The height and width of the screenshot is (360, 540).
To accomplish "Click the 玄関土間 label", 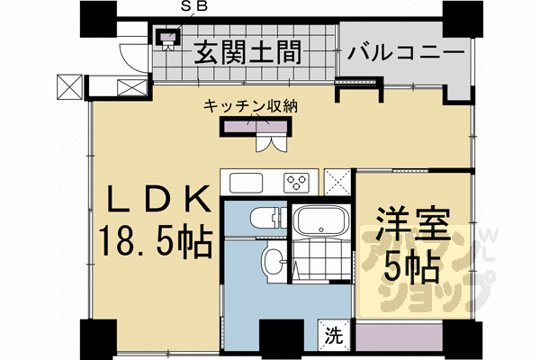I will pyautogui.click(x=245, y=53).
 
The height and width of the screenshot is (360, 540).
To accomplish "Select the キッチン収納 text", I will pyautogui.click(x=250, y=106).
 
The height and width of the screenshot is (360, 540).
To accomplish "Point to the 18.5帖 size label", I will pyautogui.click(x=155, y=241).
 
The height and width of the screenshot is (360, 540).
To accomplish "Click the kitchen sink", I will pyautogui.click(x=247, y=182).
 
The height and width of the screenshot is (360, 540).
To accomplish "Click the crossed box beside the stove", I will pyautogui.click(x=339, y=181).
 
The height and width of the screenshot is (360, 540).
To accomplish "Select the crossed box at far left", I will pyautogui.click(x=68, y=86).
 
